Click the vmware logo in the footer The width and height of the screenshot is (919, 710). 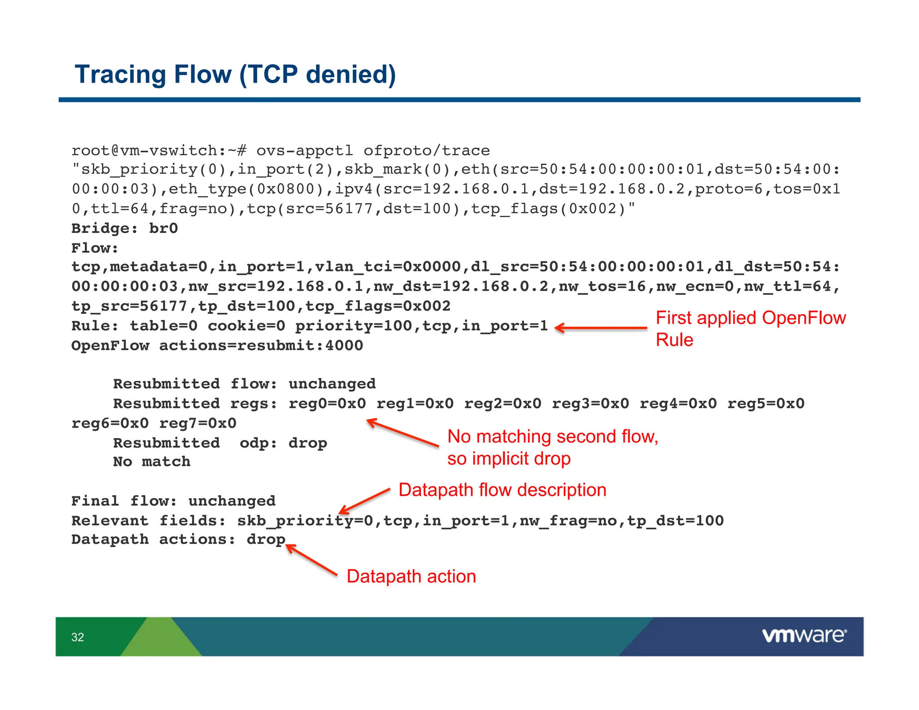coord(804,635)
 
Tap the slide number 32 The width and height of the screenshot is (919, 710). coord(78,637)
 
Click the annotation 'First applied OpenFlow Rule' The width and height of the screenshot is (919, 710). coord(750,329)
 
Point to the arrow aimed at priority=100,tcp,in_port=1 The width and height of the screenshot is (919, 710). coord(601,328)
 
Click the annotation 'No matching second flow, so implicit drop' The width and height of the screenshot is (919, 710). coord(552,447)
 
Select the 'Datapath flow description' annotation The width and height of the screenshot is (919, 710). coord(502,490)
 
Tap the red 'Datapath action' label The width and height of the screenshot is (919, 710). coord(411,576)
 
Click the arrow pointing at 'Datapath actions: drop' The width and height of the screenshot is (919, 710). coord(312,560)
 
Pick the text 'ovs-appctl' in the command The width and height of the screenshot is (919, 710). coord(305,150)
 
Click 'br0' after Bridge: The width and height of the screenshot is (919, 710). coord(163,228)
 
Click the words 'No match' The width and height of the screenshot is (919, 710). coord(152,462)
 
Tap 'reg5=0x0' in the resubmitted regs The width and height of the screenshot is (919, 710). coord(766,403)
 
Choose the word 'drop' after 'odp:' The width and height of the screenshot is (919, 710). coord(308,443)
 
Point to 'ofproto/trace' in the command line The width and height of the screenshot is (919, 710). coord(426,150)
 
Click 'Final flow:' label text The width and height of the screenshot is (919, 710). coord(124,501)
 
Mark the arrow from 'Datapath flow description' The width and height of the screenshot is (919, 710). coord(364,501)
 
